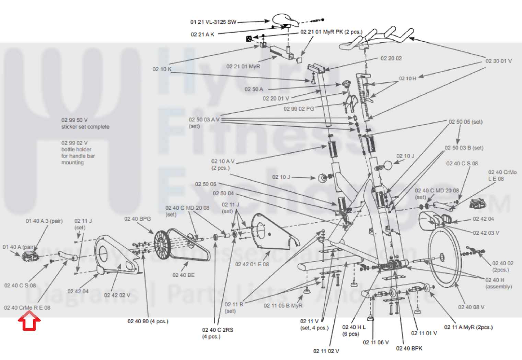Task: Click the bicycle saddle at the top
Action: pos(286,20)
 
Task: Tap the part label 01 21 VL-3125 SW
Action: pos(213,22)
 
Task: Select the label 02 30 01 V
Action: pos(498,61)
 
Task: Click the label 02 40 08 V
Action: pos(471,307)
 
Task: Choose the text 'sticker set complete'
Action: pos(85,127)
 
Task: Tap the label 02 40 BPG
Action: pos(137,219)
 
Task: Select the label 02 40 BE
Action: pos(183,275)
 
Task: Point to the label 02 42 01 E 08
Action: pos(252,264)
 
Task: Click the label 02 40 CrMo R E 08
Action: pos(27,308)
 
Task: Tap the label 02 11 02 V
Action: pos(326,351)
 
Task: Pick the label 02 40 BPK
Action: pos(409,348)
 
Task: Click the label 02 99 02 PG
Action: pos(299,109)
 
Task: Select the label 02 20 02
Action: pos(391,58)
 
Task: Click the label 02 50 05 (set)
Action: pos(465,122)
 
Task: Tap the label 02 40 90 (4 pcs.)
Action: pos(148,321)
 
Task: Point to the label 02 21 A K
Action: pos(202,34)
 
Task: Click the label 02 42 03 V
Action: pos(486,233)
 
